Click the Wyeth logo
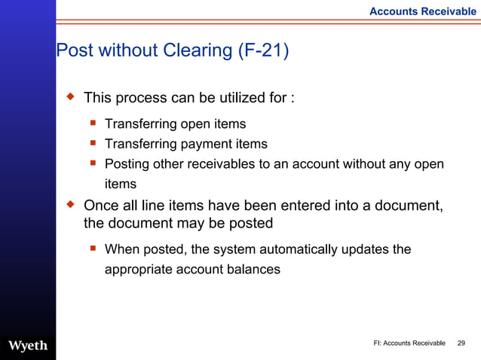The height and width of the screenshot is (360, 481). tap(28, 346)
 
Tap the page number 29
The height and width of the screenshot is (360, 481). tap(462, 343)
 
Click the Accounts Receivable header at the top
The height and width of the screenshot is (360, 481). tap(422, 11)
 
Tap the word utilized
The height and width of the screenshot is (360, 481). tap(224, 98)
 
